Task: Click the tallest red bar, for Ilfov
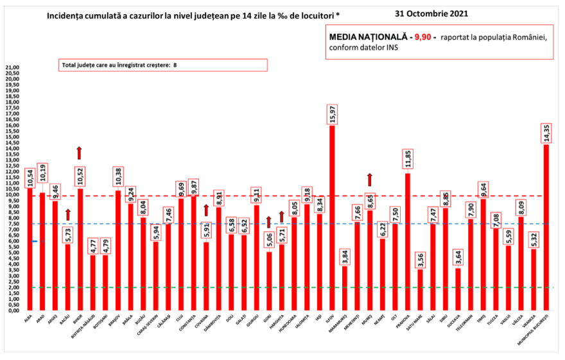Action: pos(332,218)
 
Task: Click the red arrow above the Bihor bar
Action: pos(80,153)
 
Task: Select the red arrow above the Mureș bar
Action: pos(370,179)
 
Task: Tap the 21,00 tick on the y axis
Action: pos(13,67)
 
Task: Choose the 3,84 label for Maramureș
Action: pos(345,254)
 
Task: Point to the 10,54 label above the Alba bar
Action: pos(30,177)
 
